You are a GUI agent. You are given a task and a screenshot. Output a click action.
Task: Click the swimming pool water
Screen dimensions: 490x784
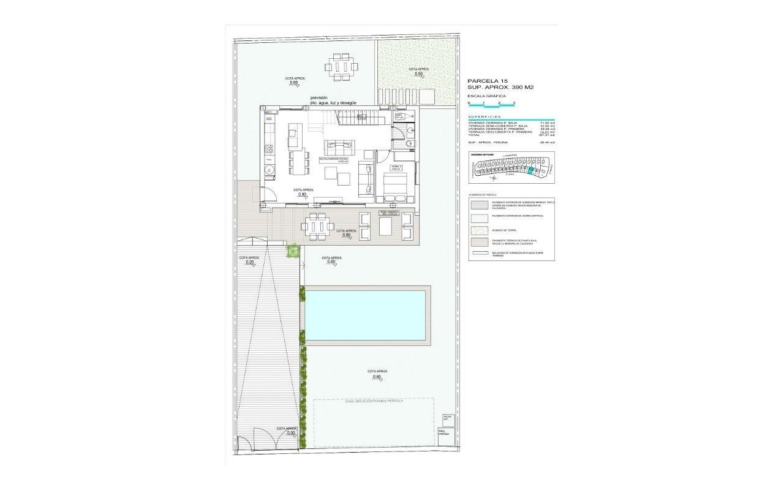(366, 315)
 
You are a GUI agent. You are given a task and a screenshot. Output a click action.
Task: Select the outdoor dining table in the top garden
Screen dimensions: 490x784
(341, 67)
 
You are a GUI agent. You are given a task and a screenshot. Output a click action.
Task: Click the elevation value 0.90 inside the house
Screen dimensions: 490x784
(302, 194)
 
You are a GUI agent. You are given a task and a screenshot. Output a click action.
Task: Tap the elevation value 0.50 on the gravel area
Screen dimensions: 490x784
(419, 74)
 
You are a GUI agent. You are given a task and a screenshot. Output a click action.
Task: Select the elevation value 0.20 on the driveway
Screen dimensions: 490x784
(249, 262)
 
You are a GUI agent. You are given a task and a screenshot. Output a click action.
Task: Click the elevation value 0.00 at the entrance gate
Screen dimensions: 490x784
(291, 433)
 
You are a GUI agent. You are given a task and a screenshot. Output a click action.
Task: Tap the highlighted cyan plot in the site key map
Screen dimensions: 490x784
(531, 172)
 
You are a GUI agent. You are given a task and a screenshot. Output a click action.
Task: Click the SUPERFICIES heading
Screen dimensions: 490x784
(484, 116)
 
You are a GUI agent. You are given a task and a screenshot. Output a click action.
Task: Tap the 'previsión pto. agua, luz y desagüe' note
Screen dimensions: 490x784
(333, 100)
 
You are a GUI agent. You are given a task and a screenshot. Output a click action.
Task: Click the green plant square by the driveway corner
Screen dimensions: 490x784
(293, 250)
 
